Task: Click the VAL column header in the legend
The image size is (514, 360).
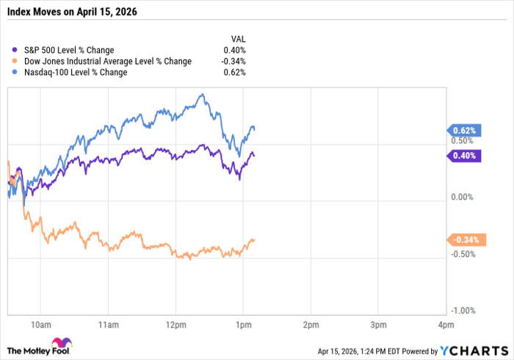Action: (x=238, y=39)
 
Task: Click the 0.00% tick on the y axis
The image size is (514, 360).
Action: (x=462, y=198)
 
